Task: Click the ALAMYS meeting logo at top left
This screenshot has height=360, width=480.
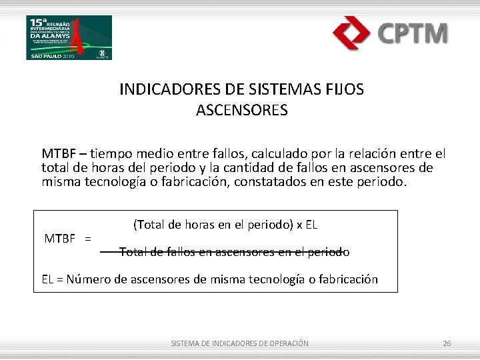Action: (x=69, y=37)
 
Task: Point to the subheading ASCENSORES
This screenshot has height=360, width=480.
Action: (x=241, y=110)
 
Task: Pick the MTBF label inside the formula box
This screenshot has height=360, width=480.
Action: (x=59, y=238)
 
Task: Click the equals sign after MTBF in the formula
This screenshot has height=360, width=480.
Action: (x=89, y=238)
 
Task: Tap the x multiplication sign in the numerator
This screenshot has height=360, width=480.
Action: (x=299, y=225)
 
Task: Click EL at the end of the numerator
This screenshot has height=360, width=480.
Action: (x=311, y=225)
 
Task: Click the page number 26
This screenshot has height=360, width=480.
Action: (x=447, y=343)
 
